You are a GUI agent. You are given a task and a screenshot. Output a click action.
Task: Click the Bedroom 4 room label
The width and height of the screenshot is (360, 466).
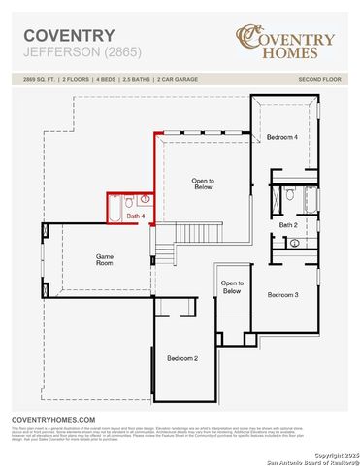(x=282, y=137)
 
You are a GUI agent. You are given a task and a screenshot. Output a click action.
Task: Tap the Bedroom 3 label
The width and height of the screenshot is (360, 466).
(x=282, y=294)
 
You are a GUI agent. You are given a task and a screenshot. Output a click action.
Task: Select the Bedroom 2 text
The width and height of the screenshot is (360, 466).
(x=182, y=358)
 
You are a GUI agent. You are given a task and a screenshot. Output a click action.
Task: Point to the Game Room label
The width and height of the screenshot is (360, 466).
(x=104, y=259)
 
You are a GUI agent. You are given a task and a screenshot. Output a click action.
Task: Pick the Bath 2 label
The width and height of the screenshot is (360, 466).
(x=288, y=224)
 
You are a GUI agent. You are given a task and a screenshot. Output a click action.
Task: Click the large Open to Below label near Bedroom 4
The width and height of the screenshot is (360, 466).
(x=203, y=183)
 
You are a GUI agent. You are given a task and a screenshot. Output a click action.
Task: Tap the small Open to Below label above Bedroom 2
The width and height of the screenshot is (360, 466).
(x=231, y=286)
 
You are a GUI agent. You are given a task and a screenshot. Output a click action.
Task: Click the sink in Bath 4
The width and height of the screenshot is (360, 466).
(x=145, y=201)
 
